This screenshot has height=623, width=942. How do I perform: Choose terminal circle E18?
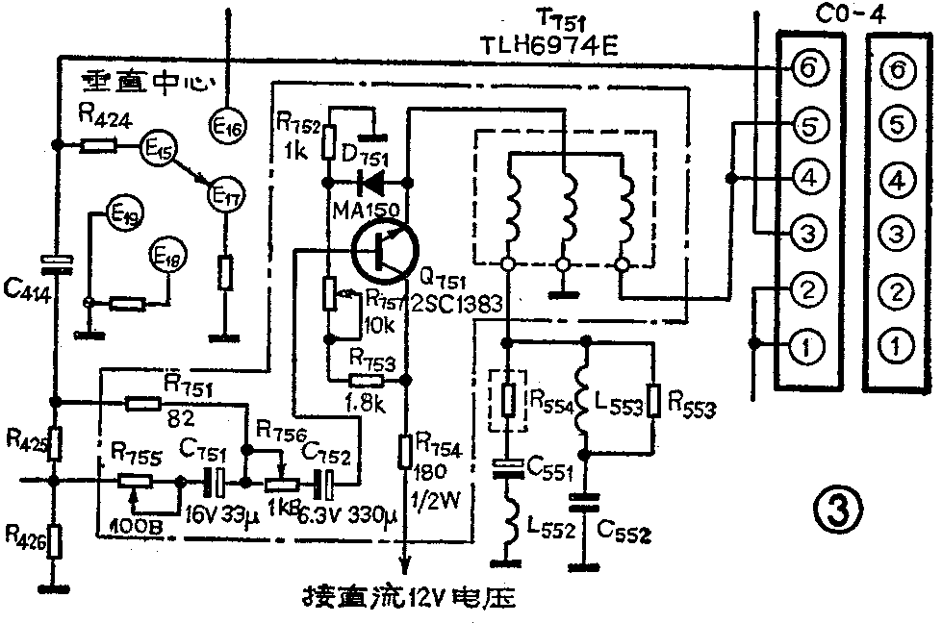tap(168, 258)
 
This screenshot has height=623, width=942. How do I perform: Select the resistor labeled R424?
tap(98, 146)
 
